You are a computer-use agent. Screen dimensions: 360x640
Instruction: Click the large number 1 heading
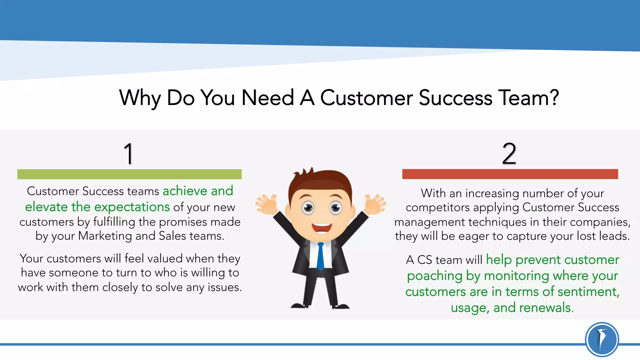[129, 153]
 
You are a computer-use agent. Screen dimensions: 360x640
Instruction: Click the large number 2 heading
[509, 153]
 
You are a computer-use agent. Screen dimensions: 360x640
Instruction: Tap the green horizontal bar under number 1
[129, 174]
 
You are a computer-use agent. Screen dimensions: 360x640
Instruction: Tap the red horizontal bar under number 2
[510, 174]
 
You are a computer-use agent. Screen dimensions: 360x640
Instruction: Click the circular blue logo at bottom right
[602, 339]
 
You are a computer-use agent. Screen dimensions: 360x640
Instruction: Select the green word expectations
[132, 207]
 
